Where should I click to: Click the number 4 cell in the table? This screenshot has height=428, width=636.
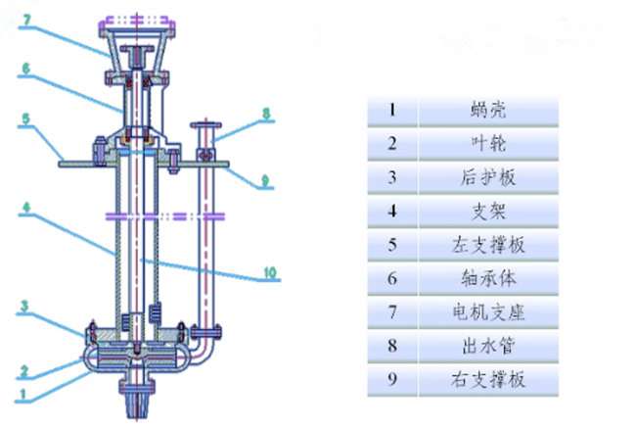coord(392,211)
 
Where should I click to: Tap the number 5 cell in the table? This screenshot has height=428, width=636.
coord(392,244)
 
